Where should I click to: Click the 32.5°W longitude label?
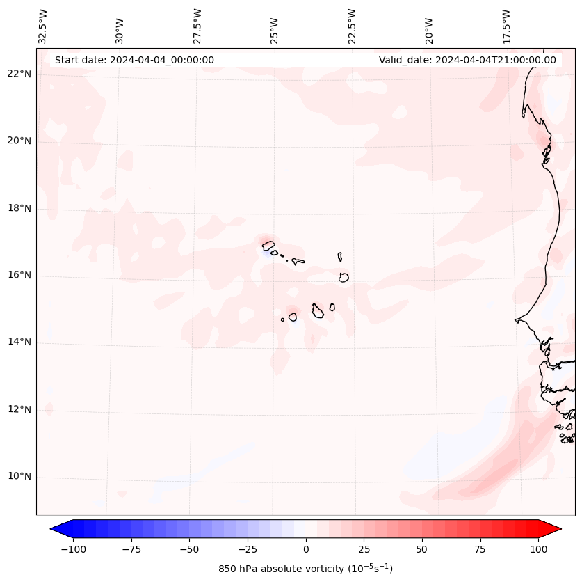(x=43, y=26)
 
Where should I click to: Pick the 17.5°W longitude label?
(x=506, y=26)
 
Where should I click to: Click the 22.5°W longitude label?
(x=351, y=26)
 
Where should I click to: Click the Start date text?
(x=134, y=60)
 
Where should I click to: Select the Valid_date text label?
(x=467, y=60)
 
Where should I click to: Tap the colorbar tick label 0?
(x=306, y=549)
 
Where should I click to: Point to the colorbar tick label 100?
(x=538, y=549)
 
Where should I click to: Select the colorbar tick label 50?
(x=422, y=549)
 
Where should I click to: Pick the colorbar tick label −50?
(x=189, y=549)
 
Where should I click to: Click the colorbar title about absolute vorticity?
(x=305, y=569)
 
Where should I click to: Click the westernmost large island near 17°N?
(x=268, y=245)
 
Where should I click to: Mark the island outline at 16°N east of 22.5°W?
(x=343, y=277)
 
